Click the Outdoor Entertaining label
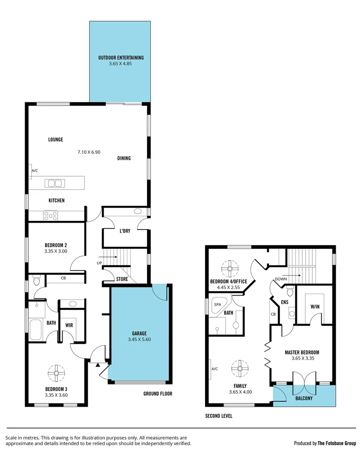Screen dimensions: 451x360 pos(121,58)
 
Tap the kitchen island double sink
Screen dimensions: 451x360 pos(55,183)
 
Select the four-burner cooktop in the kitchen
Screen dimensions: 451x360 pos(51,215)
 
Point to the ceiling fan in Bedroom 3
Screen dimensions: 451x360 pos(56,372)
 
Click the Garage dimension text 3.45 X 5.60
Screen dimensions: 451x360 pos(139,340)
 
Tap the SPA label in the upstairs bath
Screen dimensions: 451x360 pos(217,304)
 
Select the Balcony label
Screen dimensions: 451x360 pos(304,398)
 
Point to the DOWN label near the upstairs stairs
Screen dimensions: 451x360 pos(280,279)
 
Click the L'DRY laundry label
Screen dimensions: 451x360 pos(125,231)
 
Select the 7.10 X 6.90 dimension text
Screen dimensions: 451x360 pos(89,152)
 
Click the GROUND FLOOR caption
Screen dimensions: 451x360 pos(157,393)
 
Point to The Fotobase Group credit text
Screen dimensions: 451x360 pos(337,443)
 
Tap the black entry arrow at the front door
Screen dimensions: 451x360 pos(98,365)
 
